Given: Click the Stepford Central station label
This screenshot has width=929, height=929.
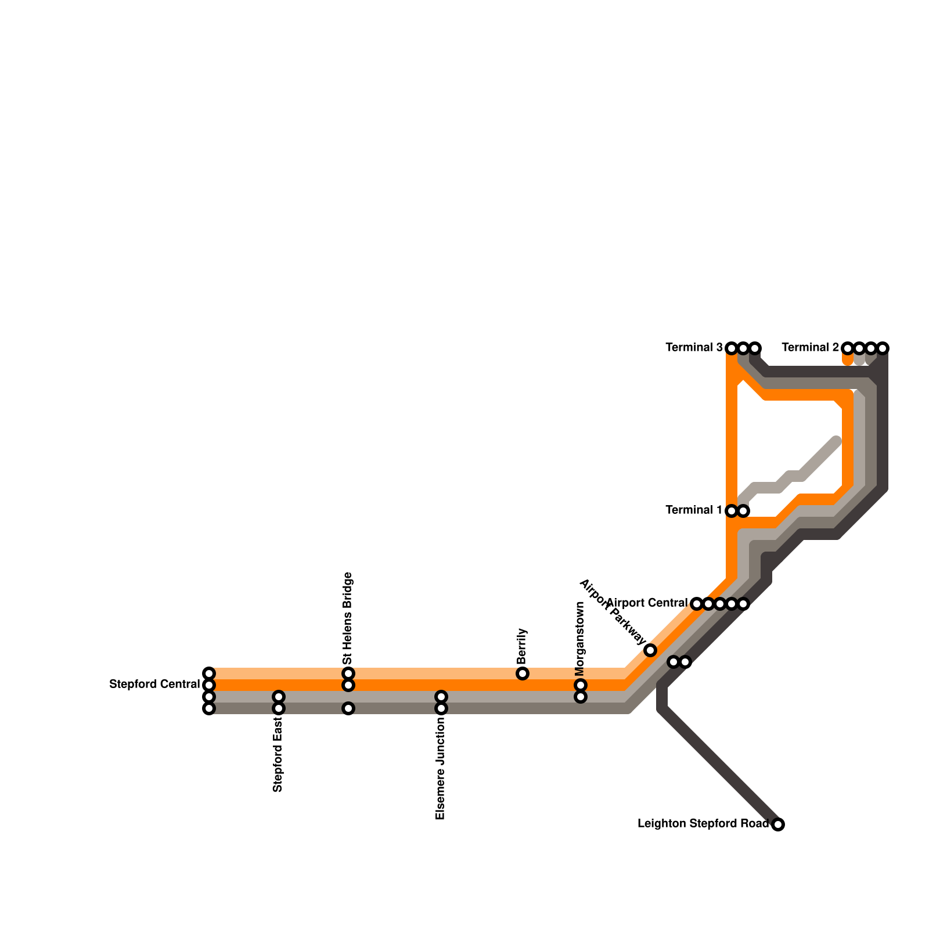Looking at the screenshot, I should click(154, 685).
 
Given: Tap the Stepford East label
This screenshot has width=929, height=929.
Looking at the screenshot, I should click(278, 754).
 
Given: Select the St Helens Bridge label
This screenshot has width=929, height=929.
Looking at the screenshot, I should click(348, 618).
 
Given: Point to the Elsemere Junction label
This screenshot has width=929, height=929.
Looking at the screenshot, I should click(440, 768).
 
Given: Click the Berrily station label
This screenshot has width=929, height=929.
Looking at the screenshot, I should click(521, 646).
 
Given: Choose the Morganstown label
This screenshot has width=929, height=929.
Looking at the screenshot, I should click(579, 638).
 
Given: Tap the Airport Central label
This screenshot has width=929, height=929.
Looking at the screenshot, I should click(647, 603).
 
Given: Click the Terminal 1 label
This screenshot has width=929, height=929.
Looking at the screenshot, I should click(694, 510).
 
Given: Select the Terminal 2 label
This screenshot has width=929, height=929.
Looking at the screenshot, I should click(810, 347).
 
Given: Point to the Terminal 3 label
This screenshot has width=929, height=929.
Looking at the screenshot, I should click(694, 347).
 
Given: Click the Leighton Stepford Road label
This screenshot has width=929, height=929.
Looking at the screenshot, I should click(703, 823).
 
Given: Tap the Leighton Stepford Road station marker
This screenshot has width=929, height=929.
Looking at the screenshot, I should click(778, 824).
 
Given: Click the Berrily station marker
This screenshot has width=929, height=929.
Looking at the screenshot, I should click(523, 674).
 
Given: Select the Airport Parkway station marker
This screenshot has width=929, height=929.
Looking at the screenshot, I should click(650, 650).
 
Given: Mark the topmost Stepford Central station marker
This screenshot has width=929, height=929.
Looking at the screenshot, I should click(209, 674).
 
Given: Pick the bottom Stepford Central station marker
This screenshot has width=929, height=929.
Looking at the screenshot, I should click(209, 708).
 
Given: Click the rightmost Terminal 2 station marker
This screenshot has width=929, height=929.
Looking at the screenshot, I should click(883, 348).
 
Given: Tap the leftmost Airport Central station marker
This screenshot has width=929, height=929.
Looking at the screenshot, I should click(697, 604).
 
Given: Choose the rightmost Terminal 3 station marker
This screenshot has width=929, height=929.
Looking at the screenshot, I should click(755, 348).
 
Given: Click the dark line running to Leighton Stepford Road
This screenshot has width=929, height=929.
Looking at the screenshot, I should click(720, 766).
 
